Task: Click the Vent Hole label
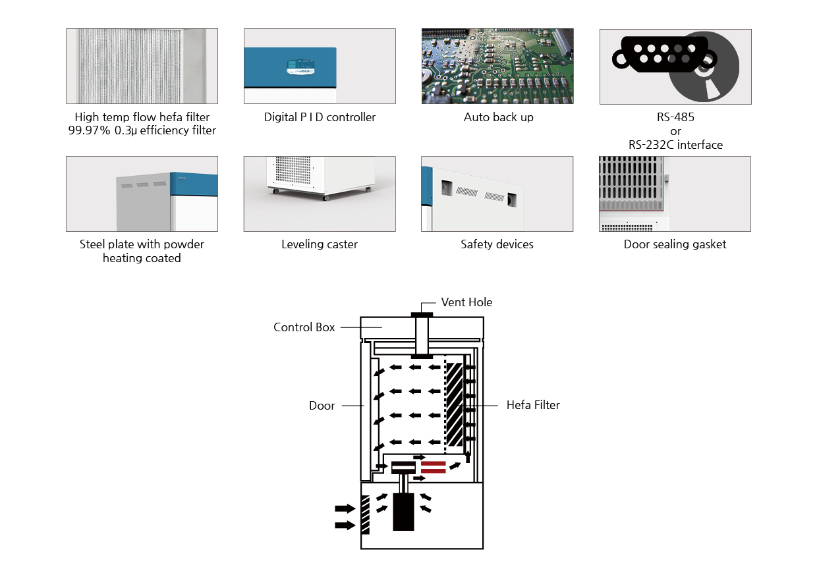point(466,302)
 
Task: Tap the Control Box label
point(304,327)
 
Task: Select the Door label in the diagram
point(322,406)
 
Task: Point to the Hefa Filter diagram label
point(533,405)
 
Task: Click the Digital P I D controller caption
point(320,117)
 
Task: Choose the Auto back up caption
point(498,117)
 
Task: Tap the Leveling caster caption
point(320,244)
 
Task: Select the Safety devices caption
point(497,244)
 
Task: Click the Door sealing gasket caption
point(675,244)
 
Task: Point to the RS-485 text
point(675,117)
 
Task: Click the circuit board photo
point(497,66)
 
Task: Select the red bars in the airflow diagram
point(433,467)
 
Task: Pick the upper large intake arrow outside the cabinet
point(344,508)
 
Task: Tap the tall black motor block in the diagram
point(403,513)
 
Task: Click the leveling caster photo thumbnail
point(320,194)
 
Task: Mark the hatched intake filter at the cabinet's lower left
point(365,515)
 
